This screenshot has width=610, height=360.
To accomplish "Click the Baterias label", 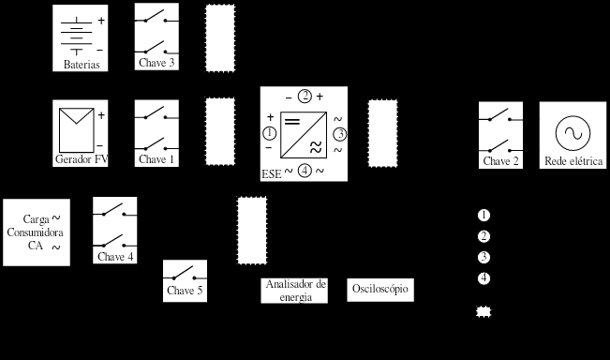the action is (x=82, y=65).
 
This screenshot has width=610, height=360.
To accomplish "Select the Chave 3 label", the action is (x=156, y=63).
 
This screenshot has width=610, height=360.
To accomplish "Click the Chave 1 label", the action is (x=156, y=159).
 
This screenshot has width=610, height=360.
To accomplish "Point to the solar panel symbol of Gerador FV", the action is (x=77, y=130).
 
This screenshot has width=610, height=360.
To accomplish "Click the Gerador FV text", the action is (x=82, y=159).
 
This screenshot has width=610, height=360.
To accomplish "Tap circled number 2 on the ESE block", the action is (x=305, y=97).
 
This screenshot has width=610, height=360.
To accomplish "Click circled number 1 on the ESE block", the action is (x=270, y=133).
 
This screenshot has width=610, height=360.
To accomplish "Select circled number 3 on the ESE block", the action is (x=340, y=134).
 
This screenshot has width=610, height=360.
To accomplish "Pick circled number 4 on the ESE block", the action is (x=305, y=171).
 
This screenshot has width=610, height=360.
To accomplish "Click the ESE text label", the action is (x=271, y=174).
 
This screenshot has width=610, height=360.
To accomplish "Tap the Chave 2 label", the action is (x=500, y=161).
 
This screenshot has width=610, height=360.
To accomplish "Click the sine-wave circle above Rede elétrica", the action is (x=573, y=133).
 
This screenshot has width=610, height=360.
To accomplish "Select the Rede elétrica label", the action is (x=573, y=161).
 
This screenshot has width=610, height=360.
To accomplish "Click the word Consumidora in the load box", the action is (x=35, y=232).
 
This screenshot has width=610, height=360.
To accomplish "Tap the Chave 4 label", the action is (x=115, y=257).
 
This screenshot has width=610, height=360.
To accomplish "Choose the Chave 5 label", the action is (x=185, y=291).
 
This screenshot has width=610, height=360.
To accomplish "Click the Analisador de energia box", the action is (x=294, y=291).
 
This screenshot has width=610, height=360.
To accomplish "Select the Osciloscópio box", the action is (x=380, y=290).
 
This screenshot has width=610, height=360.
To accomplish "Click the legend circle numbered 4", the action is (x=484, y=278).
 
